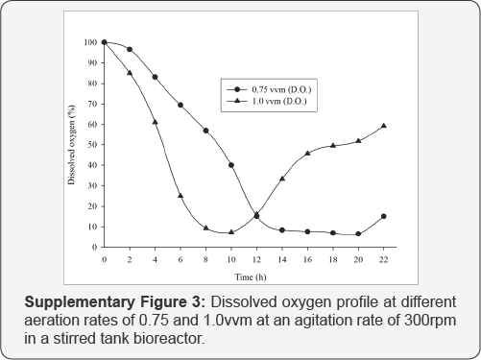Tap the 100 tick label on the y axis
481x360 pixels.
click(x=88, y=42)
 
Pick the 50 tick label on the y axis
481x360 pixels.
click(x=90, y=145)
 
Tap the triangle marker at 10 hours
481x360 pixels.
click(x=231, y=232)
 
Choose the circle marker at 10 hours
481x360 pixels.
click(x=231, y=165)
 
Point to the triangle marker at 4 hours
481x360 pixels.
click(x=155, y=122)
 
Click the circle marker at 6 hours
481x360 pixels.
click(x=180, y=105)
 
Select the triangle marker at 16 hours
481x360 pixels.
click(x=307, y=154)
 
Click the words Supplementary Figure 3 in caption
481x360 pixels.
click(x=107, y=301)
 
